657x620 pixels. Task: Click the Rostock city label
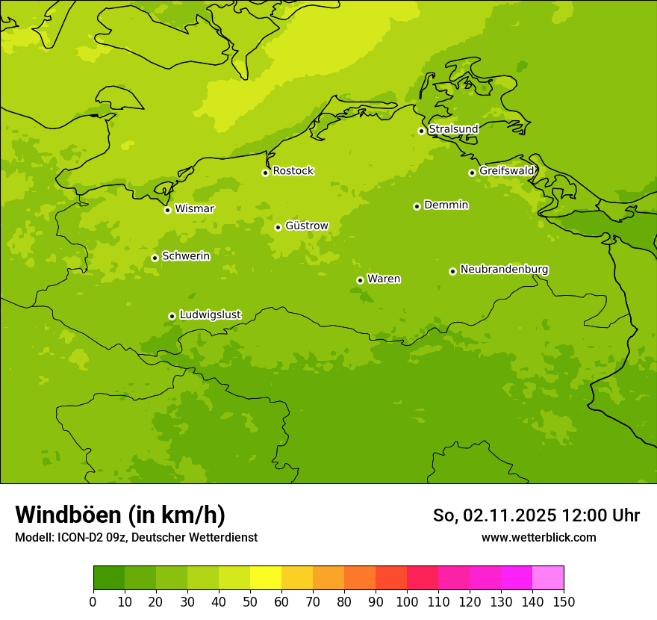coord(293,171)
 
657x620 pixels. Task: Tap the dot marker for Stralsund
coord(421,131)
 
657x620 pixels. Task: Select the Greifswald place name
coord(506,171)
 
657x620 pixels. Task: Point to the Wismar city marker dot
coord(167,210)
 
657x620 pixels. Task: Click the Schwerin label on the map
coord(186,256)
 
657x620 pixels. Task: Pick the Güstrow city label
coord(306,226)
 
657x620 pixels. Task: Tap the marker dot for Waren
coord(360,280)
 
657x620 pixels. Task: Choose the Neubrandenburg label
coord(504,270)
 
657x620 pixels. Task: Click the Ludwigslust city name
coord(210,315)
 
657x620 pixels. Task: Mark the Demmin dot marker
coord(417,206)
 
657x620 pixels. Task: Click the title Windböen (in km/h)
coord(120,515)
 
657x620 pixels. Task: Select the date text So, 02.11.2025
coord(495,515)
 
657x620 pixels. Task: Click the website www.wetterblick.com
coord(538,537)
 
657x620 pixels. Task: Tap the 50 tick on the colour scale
coord(250,601)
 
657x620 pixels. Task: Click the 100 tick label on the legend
coord(407,601)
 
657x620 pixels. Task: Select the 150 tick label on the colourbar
coord(564,601)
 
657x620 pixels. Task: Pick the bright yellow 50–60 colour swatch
coord(266,578)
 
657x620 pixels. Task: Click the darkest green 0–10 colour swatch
coord(109,578)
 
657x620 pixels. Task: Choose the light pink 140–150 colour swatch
coord(548,578)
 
